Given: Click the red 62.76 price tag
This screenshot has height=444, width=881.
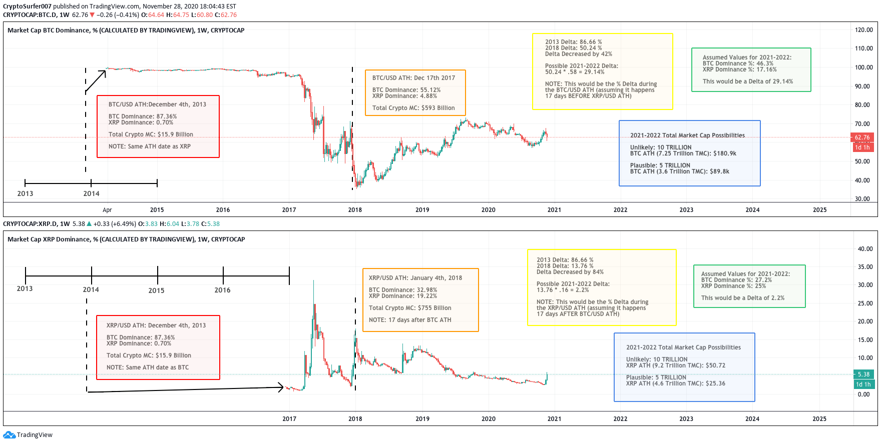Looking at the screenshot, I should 862,137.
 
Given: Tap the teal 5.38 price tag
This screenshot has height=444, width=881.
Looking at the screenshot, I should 863,374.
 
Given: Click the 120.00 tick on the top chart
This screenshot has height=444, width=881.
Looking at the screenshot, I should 863,30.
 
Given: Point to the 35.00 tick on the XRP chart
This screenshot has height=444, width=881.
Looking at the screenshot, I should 865,267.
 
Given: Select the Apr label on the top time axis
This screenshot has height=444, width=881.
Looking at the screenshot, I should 107,210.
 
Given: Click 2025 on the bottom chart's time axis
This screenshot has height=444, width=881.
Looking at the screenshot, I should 819,419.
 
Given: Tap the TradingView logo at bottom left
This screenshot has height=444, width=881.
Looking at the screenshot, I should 28,435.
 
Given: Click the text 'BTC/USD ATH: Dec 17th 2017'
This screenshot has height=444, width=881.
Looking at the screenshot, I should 413,78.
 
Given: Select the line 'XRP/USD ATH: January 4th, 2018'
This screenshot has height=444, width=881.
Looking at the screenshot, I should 415,278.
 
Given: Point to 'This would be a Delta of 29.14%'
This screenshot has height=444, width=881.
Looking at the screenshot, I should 747,81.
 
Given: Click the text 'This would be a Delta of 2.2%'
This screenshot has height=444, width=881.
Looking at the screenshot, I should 742,298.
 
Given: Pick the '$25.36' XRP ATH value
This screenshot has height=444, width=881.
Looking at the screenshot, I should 715,383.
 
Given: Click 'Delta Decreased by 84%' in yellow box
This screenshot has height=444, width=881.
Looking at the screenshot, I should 570,272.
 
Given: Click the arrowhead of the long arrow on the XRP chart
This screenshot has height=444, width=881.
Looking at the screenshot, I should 282,387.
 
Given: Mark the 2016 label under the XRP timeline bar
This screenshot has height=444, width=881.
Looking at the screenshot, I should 222,290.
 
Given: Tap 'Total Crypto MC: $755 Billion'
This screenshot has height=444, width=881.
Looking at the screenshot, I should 409,308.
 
